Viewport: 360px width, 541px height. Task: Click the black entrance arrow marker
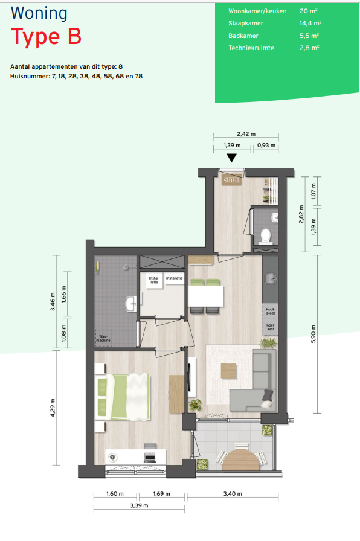click(231, 158)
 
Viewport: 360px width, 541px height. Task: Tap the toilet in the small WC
click(265, 236)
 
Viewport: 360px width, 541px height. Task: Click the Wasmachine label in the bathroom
click(103, 338)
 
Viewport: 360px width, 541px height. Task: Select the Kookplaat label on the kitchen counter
click(271, 311)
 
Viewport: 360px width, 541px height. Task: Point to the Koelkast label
click(271, 327)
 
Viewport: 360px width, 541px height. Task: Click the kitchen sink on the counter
click(270, 278)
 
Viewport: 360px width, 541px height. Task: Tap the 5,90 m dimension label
click(313, 334)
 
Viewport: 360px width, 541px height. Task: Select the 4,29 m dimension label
click(53, 408)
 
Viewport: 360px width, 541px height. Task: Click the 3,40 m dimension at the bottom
click(233, 494)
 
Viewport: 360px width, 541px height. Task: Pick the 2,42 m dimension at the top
click(246, 134)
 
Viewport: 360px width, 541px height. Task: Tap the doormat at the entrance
click(231, 181)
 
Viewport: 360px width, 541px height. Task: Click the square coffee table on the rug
click(229, 371)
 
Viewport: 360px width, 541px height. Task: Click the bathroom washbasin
click(131, 303)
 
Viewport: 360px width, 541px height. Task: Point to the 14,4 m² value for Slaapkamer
click(310, 23)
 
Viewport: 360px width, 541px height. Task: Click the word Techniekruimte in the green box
click(251, 48)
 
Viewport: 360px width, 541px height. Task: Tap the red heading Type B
click(47, 37)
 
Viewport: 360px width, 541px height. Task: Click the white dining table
click(205, 296)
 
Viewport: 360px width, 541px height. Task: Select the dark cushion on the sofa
click(268, 394)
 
